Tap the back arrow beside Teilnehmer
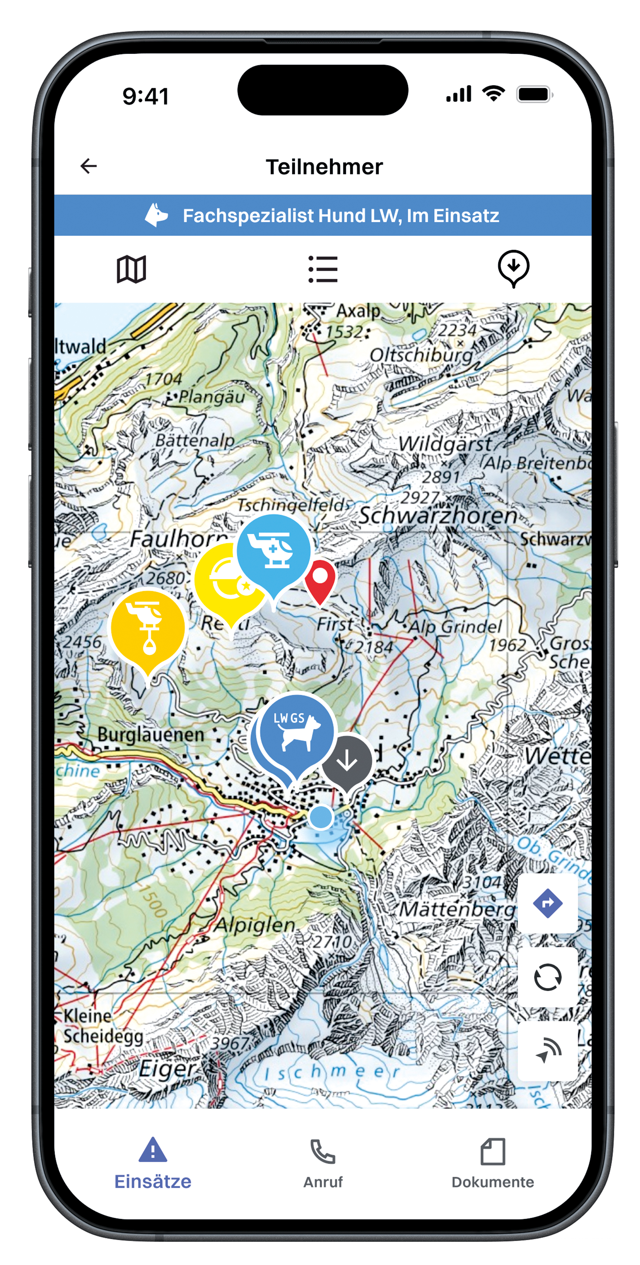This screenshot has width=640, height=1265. tap(88, 166)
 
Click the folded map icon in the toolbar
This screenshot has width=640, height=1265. tap(131, 269)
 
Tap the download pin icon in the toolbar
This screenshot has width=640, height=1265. tap(513, 268)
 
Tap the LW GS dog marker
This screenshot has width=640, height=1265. tap(296, 732)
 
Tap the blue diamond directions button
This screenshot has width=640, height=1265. tap(547, 903)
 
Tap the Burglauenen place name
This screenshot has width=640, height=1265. tap(150, 735)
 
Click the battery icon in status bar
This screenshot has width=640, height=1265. tap(534, 94)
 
